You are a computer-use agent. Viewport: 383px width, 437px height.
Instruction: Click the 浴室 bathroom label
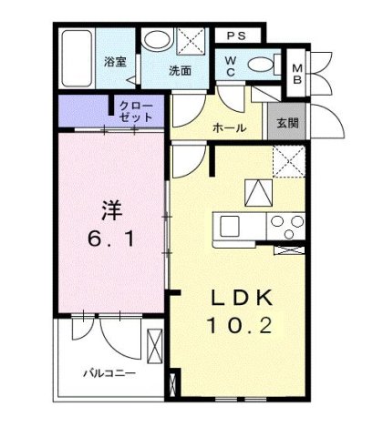[114, 63]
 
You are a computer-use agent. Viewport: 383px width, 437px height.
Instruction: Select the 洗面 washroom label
[180, 70]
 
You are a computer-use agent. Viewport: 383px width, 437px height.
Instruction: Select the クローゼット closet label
[136, 112]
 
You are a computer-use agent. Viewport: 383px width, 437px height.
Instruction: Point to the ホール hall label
[229, 128]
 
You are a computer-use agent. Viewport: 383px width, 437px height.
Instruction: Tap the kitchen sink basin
[228, 224]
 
